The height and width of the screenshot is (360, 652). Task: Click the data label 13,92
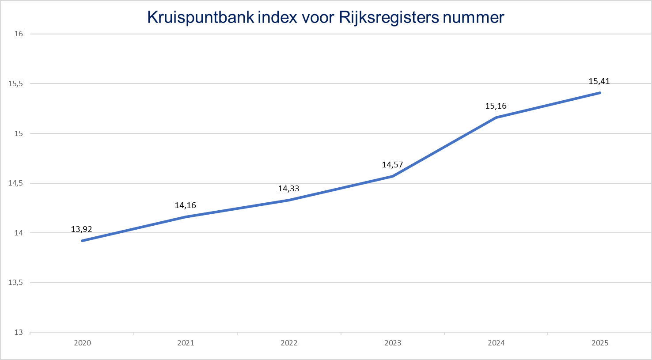pos(81,229)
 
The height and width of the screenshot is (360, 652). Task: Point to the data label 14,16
pos(185,205)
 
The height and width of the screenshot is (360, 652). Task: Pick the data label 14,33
pos(288,189)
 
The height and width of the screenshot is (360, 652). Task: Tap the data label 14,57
pos(392,165)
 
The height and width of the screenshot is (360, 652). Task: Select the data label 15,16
pos(496,106)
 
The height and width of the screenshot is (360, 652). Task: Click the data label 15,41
pos(599,81)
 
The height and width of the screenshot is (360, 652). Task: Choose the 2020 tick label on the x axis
pos(83,343)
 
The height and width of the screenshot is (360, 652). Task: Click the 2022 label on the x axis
pos(289,343)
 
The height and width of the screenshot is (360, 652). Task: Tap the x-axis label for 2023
pos(393,343)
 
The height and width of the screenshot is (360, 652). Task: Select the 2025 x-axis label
pos(600,343)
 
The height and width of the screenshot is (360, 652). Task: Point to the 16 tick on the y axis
pos(19,34)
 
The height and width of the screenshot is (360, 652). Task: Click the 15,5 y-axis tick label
pos(16,83)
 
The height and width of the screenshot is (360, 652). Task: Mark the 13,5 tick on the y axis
pos(16,283)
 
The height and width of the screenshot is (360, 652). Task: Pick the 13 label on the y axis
pos(19,332)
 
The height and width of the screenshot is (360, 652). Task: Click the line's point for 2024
pos(497,117)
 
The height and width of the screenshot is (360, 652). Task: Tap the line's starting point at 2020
pos(83,241)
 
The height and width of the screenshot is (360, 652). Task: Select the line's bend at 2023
pos(393,176)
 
